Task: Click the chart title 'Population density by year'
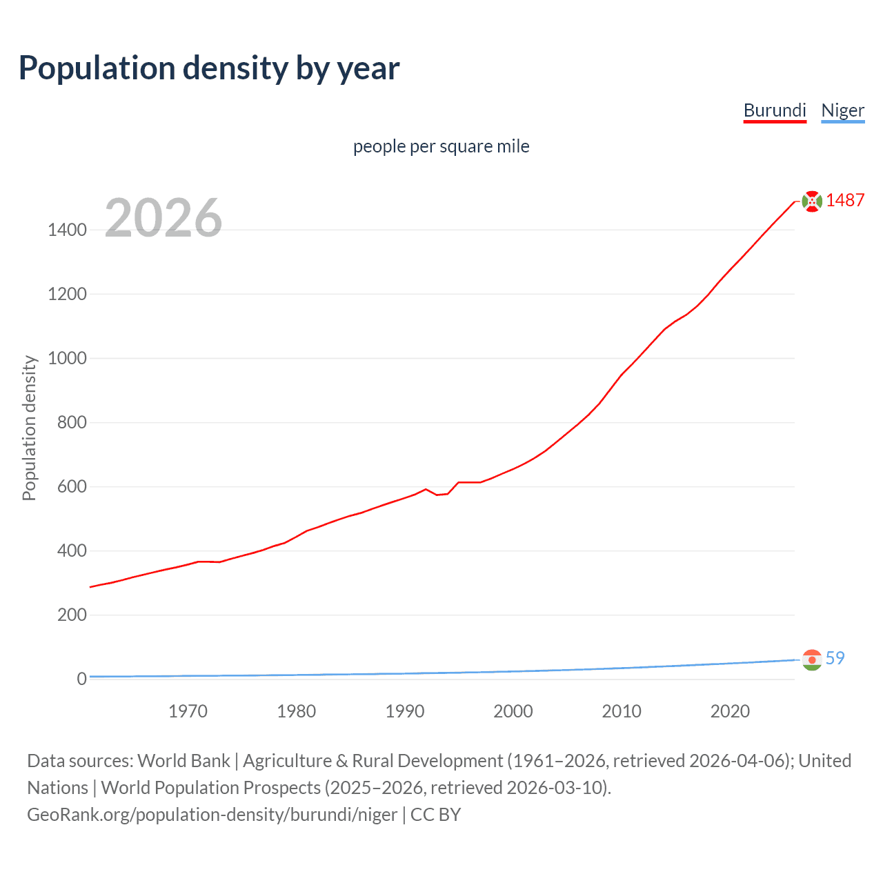pyautogui.click(x=209, y=68)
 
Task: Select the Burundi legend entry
pyautogui.click(x=775, y=110)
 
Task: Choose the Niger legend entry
pyautogui.click(x=842, y=110)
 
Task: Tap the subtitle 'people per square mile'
pyautogui.click(x=441, y=146)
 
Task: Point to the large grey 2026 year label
pyautogui.click(x=163, y=218)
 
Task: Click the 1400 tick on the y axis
pyautogui.click(x=67, y=230)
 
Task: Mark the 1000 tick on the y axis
pyautogui.click(x=67, y=358)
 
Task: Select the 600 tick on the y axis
pyautogui.click(x=72, y=486)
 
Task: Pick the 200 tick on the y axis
pyautogui.click(x=72, y=615)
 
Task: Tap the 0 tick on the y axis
pyautogui.click(x=81, y=679)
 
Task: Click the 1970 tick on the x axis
pyautogui.click(x=188, y=711)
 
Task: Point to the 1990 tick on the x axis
pyautogui.click(x=405, y=711)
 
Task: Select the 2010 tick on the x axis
pyautogui.click(x=622, y=711)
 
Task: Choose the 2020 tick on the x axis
pyautogui.click(x=730, y=711)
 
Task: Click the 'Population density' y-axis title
pyautogui.click(x=29, y=428)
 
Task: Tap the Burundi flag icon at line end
pyautogui.click(x=812, y=201)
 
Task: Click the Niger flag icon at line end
pyautogui.click(x=812, y=660)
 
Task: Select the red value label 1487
pyautogui.click(x=845, y=200)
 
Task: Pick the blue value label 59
pyautogui.click(x=835, y=658)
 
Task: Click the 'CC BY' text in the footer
pyautogui.click(x=435, y=815)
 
